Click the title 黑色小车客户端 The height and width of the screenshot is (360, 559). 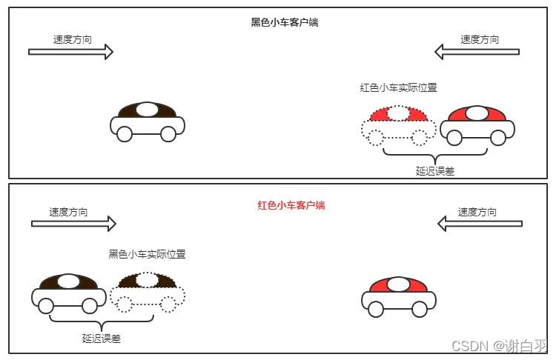pyautogui.click(x=285, y=22)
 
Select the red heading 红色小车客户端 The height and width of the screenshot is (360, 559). pyautogui.click(x=291, y=205)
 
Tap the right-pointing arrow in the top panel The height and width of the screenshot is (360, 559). pyautogui.click(x=70, y=51)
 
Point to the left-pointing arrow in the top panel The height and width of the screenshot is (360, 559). pyautogui.click(x=477, y=51)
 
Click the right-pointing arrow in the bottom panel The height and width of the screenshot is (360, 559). pyautogui.click(x=73, y=223)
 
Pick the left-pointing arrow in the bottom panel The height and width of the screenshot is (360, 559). pyautogui.click(x=480, y=223)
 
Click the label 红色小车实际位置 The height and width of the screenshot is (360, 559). pyautogui.click(x=398, y=87)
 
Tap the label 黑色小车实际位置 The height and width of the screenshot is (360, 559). pyautogui.click(x=147, y=254)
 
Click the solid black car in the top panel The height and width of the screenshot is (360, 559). pyautogui.click(x=147, y=121)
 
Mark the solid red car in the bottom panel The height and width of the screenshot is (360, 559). pyautogui.click(x=398, y=297)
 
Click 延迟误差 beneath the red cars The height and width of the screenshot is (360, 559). pyautogui.click(x=435, y=170)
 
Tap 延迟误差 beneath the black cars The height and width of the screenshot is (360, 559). pyautogui.click(x=102, y=339)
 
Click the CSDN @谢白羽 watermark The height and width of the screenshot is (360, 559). pyautogui.click(x=499, y=346)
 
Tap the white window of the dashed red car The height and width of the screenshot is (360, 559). pyautogui.click(x=399, y=113)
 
